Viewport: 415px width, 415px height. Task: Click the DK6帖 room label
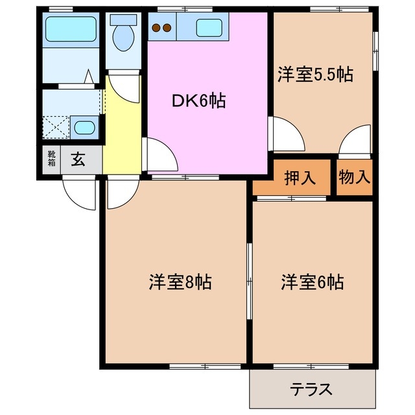(198, 101)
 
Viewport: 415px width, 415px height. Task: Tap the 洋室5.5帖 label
(316, 74)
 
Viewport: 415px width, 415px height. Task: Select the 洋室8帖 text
(182, 283)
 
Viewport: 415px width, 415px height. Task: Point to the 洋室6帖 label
(313, 283)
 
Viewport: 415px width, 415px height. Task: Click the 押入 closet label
(301, 177)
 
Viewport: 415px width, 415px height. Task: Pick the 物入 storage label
(355, 177)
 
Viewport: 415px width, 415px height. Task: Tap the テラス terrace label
(311, 390)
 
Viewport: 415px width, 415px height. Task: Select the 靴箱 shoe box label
(51, 160)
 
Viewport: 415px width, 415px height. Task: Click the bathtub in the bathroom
(71, 29)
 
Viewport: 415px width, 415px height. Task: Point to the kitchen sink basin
(209, 28)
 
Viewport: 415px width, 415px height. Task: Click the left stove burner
(156, 28)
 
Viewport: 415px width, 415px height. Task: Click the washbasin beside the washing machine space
(84, 126)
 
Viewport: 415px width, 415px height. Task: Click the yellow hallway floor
(121, 130)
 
